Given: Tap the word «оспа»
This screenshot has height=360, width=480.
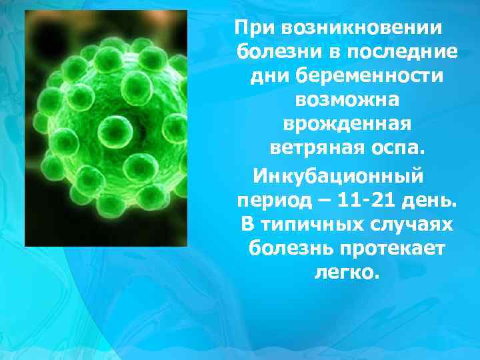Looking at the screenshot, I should click(x=396, y=148).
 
